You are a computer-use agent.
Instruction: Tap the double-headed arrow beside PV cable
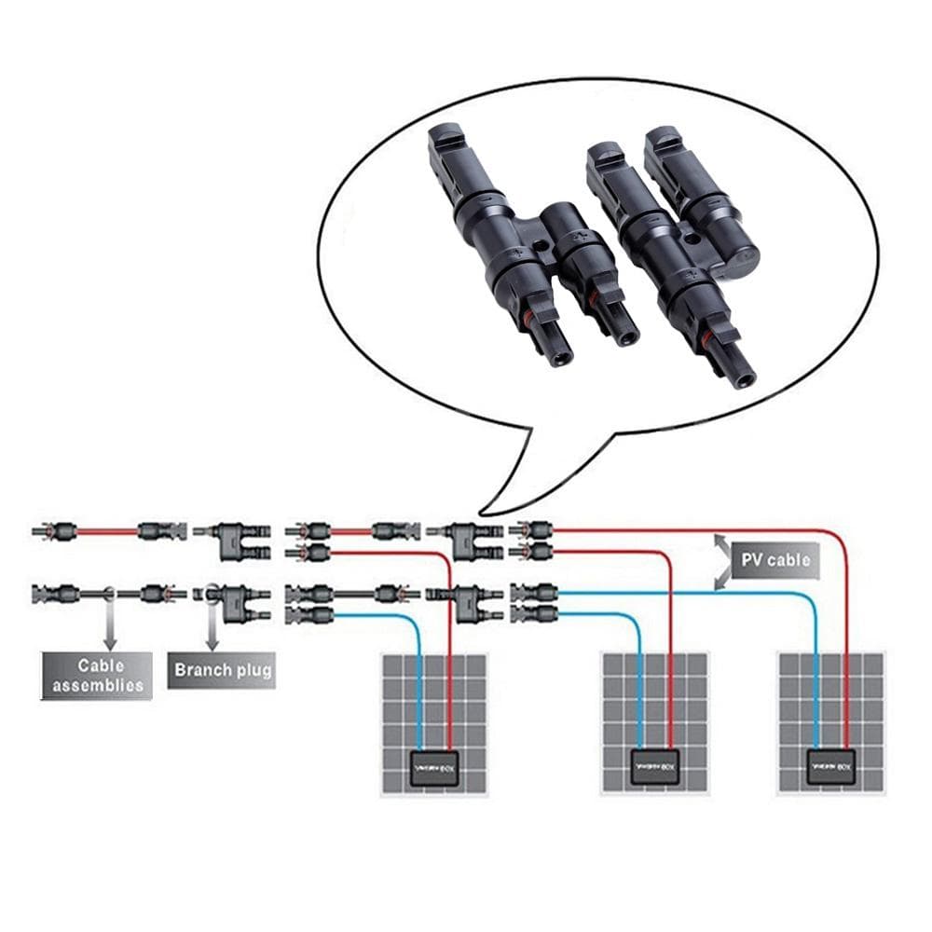click(x=722, y=562)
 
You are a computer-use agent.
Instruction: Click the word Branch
click(x=197, y=670)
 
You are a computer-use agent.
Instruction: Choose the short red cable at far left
click(x=106, y=532)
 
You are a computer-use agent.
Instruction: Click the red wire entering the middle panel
click(x=670, y=690)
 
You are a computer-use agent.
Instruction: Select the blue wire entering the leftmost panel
click(x=418, y=690)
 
